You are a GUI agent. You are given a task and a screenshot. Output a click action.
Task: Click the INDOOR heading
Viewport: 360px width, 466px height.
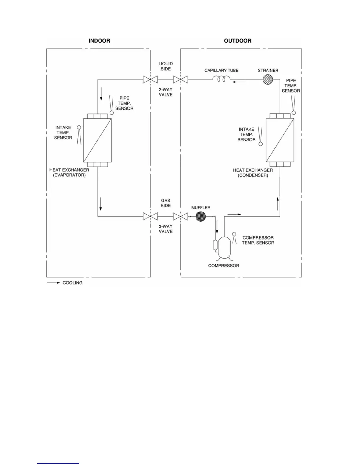point(99,41)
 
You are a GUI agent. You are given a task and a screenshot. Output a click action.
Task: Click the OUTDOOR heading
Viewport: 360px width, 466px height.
point(238,41)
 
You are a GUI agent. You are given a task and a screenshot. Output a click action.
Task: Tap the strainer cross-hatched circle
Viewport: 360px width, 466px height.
point(268,79)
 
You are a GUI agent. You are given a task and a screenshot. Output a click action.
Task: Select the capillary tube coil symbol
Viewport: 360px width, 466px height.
point(221,79)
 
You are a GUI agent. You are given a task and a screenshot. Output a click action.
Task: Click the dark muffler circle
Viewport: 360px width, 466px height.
point(201,217)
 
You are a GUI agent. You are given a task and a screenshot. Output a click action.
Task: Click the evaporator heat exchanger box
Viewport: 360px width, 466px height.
point(98,140)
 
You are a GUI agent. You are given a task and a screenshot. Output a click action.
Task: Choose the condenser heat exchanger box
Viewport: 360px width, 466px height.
point(280,140)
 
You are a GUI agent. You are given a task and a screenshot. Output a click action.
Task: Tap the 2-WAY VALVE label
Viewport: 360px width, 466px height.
point(166,92)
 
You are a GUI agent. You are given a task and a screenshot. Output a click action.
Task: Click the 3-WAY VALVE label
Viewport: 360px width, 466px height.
point(166,229)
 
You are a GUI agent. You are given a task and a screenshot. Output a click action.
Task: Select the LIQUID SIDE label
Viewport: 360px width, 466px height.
point(166,66)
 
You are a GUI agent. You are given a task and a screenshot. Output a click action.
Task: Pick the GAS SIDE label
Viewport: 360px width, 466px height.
point(166,203)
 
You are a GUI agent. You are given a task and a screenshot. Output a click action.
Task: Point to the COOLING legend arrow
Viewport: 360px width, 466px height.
point(54,283)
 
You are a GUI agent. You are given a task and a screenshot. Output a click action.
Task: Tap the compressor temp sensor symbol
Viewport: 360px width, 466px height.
point(234,238)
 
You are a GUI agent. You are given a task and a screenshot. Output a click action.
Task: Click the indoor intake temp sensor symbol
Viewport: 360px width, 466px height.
point(79,135)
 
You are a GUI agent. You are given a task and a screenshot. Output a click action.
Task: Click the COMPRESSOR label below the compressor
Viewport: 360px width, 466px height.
point(224,266)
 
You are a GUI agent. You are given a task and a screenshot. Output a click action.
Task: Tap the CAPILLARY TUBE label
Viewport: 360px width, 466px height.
point(221,70)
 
